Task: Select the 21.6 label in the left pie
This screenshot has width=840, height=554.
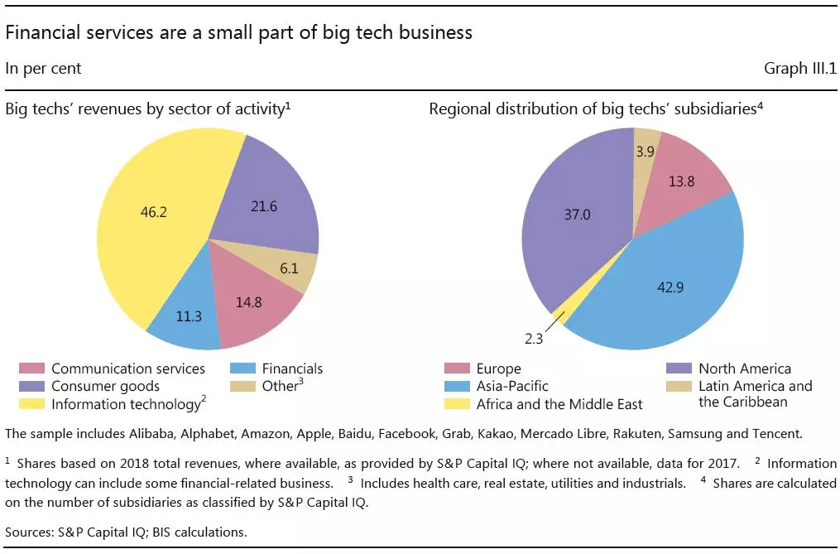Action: [x=266, y=205]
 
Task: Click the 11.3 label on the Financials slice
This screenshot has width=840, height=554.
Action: [x=190, y=317]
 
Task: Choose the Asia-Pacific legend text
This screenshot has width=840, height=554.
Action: [x=512, y=387]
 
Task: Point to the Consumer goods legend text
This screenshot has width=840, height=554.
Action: [x=105, y=387]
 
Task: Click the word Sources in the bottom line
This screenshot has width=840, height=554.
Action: [x=26, y=532]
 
